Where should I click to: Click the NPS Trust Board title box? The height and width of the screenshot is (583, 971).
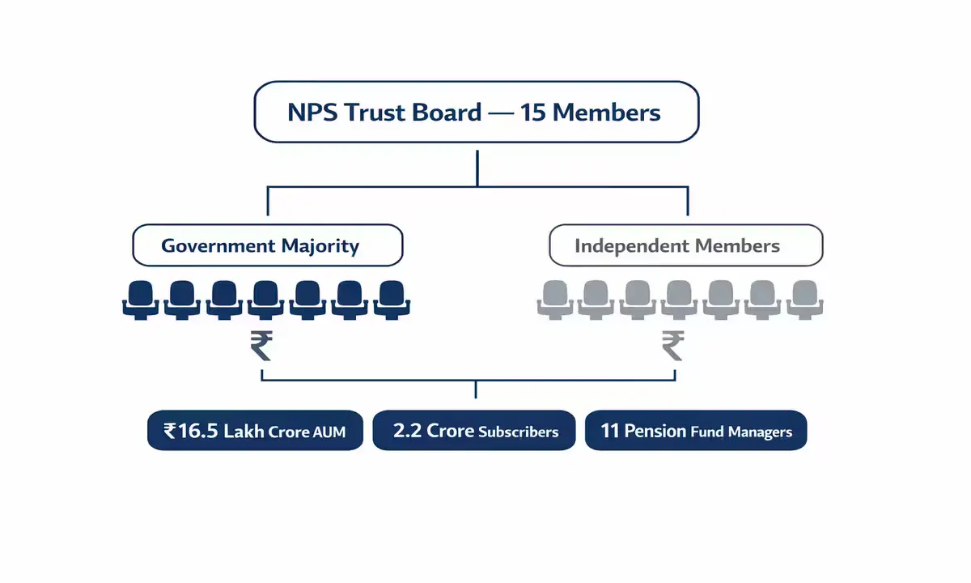477,112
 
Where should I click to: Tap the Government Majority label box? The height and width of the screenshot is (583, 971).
267,245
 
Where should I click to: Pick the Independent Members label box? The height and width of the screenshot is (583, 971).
685,246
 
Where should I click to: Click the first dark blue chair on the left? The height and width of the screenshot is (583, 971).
141,299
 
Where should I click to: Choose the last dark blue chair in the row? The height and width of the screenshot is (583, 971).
392,299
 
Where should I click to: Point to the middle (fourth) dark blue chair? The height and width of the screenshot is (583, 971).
266,299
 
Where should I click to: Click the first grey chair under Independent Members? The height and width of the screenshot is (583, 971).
555,299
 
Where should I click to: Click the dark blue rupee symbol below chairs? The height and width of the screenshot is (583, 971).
261,347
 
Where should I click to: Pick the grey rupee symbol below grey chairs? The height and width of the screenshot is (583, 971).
672,347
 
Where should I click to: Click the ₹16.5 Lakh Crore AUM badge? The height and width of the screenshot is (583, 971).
255,431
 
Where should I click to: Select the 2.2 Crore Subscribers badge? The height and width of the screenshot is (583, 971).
474,431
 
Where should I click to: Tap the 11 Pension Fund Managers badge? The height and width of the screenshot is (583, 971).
696,431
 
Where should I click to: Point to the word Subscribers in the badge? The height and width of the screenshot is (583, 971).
518,432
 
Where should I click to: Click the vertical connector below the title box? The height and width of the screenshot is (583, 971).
477,165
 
